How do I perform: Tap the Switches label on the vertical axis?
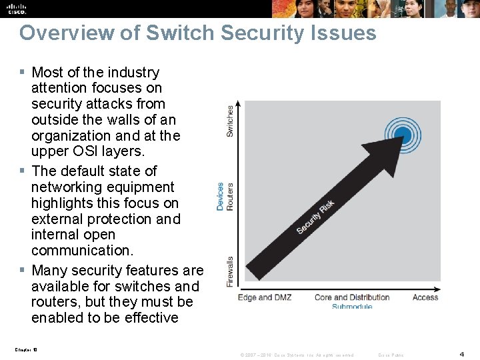(x=230, y=121)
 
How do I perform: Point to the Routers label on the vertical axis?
(x=230, y=197)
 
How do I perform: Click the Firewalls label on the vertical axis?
(x=230, y=271)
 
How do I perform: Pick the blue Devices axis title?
(x=221, y=197)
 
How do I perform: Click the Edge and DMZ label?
(x=265, y=297)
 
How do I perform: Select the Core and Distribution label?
(x=351, y=297)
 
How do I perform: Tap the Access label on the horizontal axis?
(x=425, y=297)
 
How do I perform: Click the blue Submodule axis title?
(x=351, y=306)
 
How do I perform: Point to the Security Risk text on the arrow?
(x=315, y=217)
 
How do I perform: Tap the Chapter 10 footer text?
(x=25, y=348)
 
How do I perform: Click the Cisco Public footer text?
(x=390, y=355)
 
